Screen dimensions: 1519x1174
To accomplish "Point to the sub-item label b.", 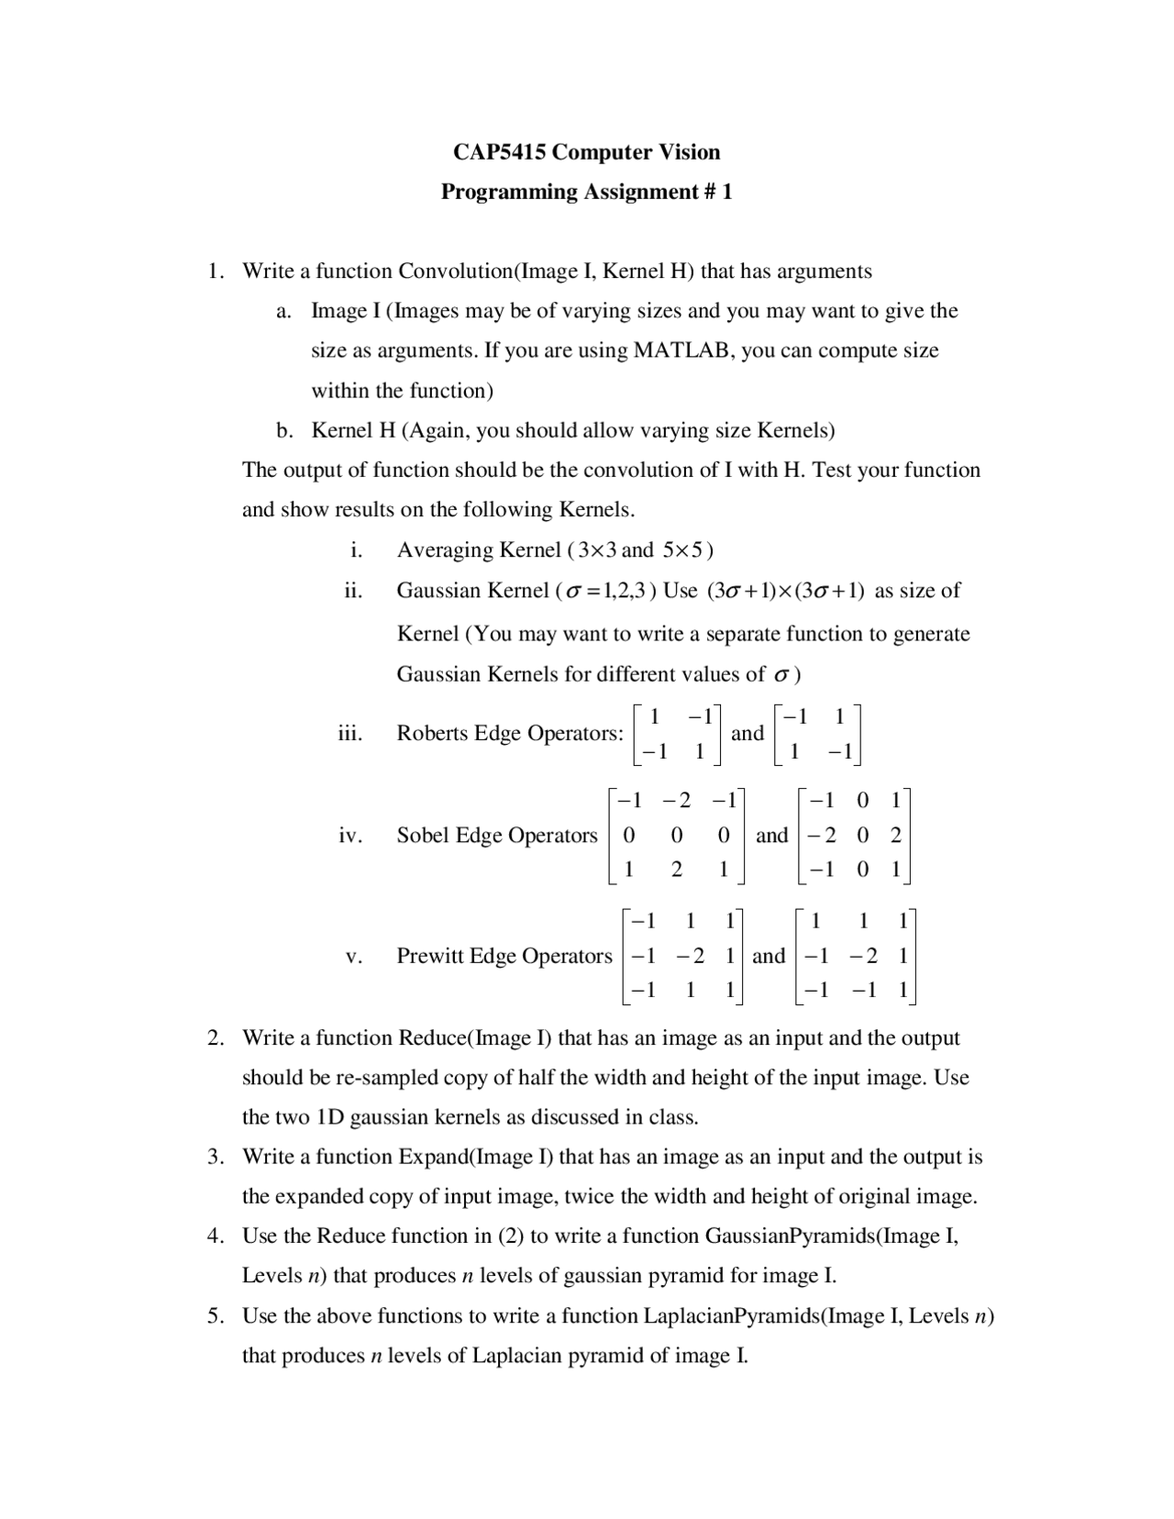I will (285, 430).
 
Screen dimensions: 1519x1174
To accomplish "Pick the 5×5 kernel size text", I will (684, 550).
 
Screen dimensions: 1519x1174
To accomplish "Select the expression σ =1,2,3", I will (607, 591).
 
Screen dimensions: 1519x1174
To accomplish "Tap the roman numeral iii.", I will (350, 733).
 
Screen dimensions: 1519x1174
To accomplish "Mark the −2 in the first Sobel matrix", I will (678, 801).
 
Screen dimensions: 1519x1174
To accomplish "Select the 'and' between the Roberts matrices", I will (748, 733).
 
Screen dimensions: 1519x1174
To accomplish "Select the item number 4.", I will (214, 1236).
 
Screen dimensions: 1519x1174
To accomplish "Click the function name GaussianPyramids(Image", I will (830, 1236).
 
